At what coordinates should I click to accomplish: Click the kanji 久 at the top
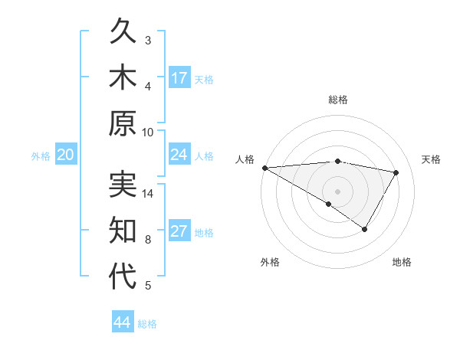123,33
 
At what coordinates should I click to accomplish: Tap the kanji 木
123,78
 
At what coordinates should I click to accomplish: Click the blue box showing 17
179,77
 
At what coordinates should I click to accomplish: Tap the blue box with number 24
179,155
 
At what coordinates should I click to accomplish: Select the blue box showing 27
179,232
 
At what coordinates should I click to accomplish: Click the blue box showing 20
66,155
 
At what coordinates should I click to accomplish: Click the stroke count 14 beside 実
148,194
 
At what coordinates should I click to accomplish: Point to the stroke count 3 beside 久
148,40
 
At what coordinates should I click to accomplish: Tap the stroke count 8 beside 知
148,240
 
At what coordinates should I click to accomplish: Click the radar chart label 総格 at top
337,100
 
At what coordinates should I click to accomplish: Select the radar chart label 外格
270,262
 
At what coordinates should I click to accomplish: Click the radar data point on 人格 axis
264,167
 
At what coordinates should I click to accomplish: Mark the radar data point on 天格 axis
396,172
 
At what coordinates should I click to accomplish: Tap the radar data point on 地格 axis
365,229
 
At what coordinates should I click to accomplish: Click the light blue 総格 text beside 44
148,324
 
